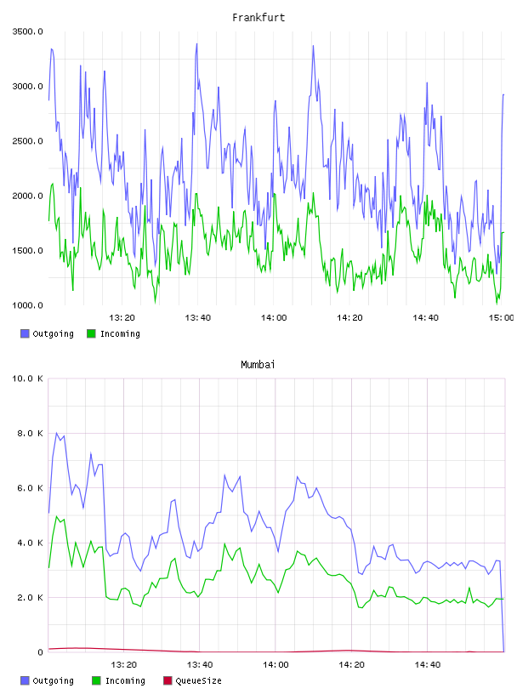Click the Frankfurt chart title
258,17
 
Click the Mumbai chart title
258,364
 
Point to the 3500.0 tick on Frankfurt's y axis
27,31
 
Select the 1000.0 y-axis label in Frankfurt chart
27,305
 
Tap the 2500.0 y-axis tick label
27,141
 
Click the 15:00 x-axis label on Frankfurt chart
502,317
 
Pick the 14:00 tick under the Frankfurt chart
274,317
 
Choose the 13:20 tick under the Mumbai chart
123,664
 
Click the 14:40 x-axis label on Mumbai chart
427,664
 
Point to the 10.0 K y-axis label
27,378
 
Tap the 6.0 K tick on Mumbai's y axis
30,488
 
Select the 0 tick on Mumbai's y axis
40,652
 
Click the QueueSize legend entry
198,680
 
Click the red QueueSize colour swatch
168,680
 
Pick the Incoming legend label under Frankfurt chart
120,333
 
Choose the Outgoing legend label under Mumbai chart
53,680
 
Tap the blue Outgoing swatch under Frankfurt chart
25,333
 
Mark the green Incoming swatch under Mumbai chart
95,680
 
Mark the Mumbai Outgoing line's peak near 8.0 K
56,433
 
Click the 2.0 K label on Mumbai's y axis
30,598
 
